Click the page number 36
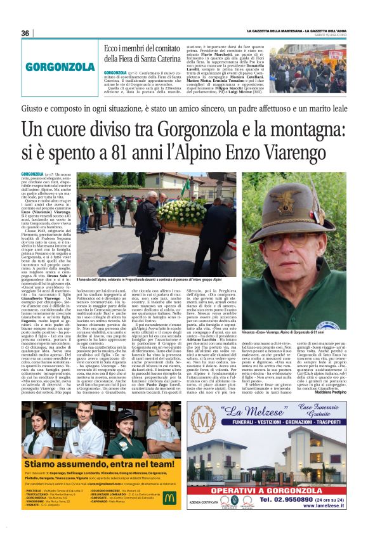25,33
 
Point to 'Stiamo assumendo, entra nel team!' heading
90,463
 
